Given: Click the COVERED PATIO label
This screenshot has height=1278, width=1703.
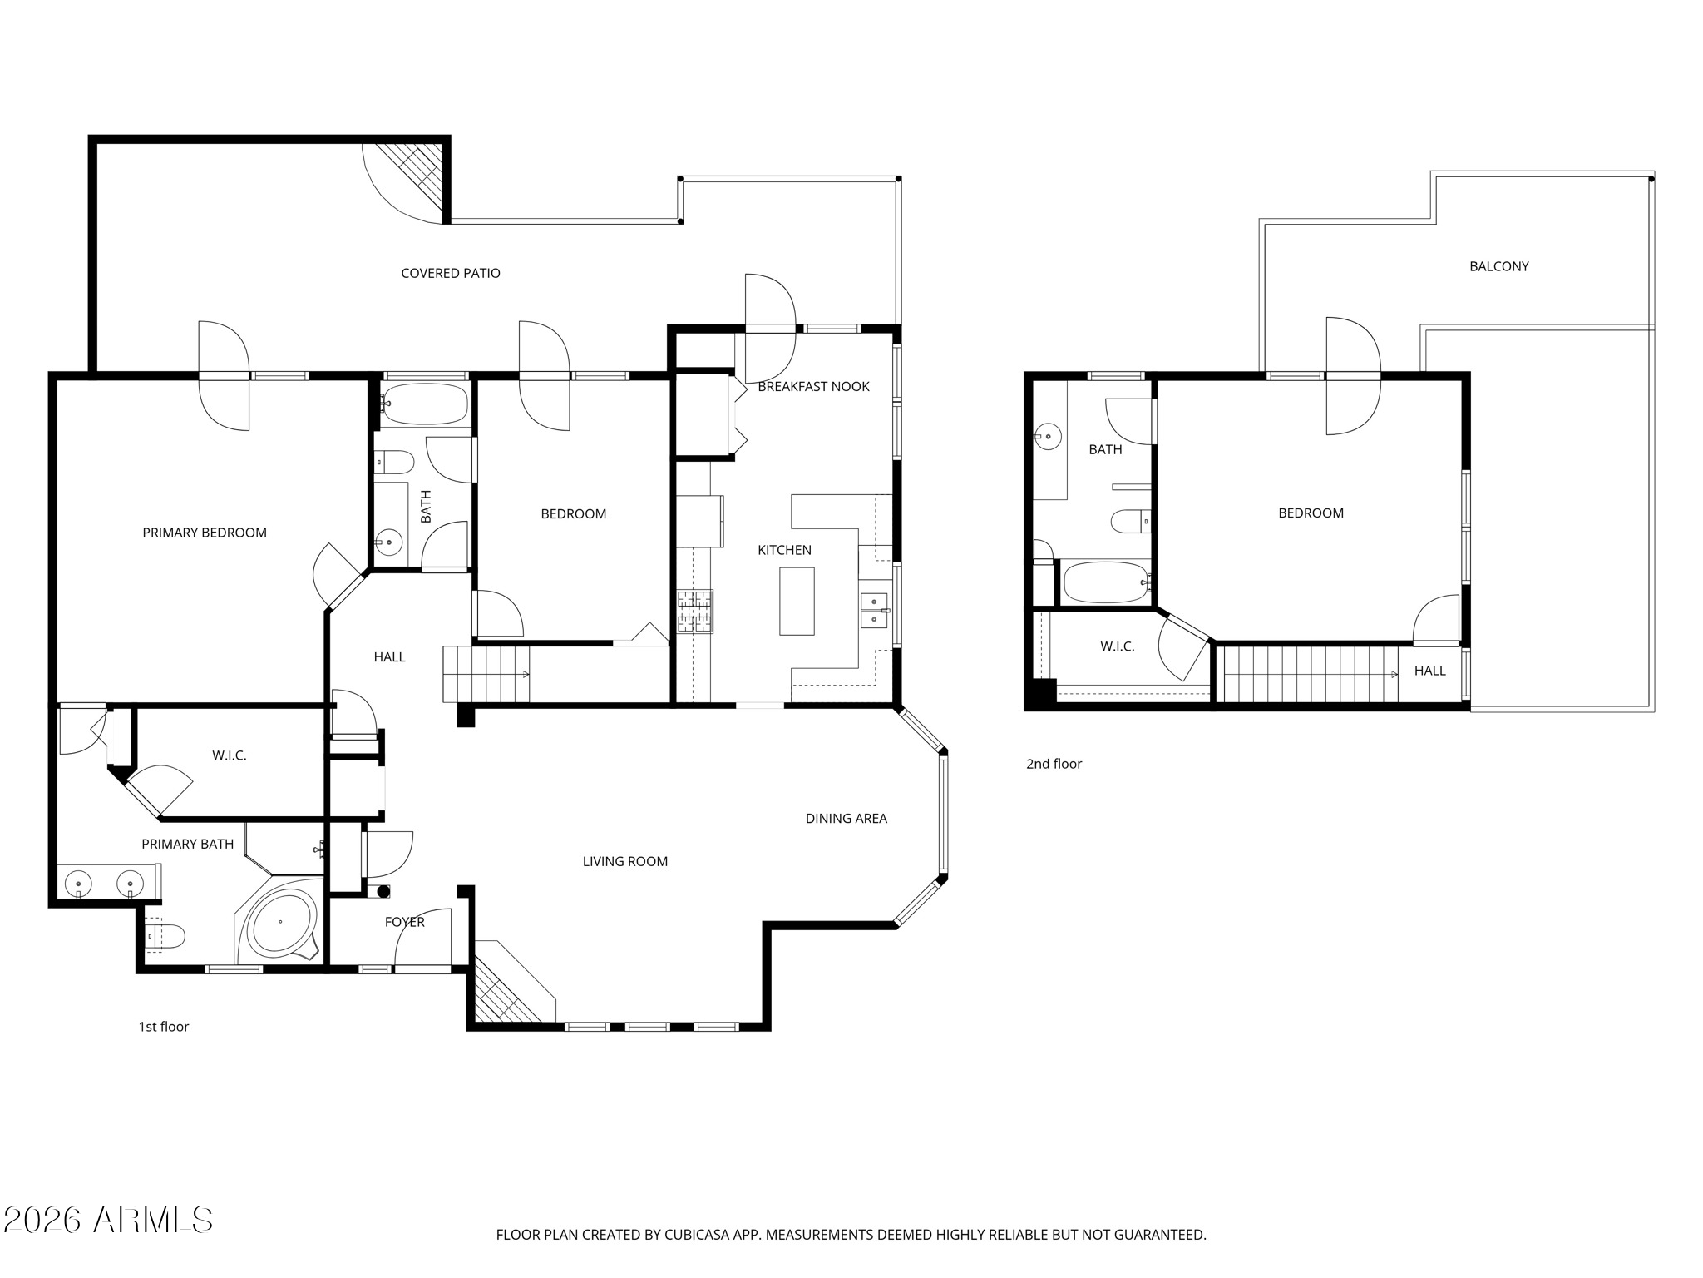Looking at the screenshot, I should tap(450, 273).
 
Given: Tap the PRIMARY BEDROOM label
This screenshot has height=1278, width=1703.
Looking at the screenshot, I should tap(205, 532).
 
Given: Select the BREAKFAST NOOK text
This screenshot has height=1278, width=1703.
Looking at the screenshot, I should tap(813, 386).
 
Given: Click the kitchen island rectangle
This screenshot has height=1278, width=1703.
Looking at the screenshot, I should tap(797, 601).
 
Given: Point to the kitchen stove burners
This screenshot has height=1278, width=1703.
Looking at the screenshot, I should tap(694, 611).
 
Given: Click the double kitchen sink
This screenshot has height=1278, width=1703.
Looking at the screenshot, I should tap(873, 610).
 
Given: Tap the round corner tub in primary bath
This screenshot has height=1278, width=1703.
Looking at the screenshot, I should tap(282, 922).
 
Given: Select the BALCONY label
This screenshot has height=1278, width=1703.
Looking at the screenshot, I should tap(1498, 266).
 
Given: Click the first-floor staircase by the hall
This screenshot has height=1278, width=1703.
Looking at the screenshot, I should tap(486, 674).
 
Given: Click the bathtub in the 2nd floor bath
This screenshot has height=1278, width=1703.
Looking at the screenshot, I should tap(1105, 582).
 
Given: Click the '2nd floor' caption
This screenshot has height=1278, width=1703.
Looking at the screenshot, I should tap(1054, 764).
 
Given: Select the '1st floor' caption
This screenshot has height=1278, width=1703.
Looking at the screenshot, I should tap(164, 1027).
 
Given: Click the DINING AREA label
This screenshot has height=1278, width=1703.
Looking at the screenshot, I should tap(846, 819).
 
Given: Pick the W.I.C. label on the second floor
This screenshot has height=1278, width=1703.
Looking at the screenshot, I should tap(1117, 646).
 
